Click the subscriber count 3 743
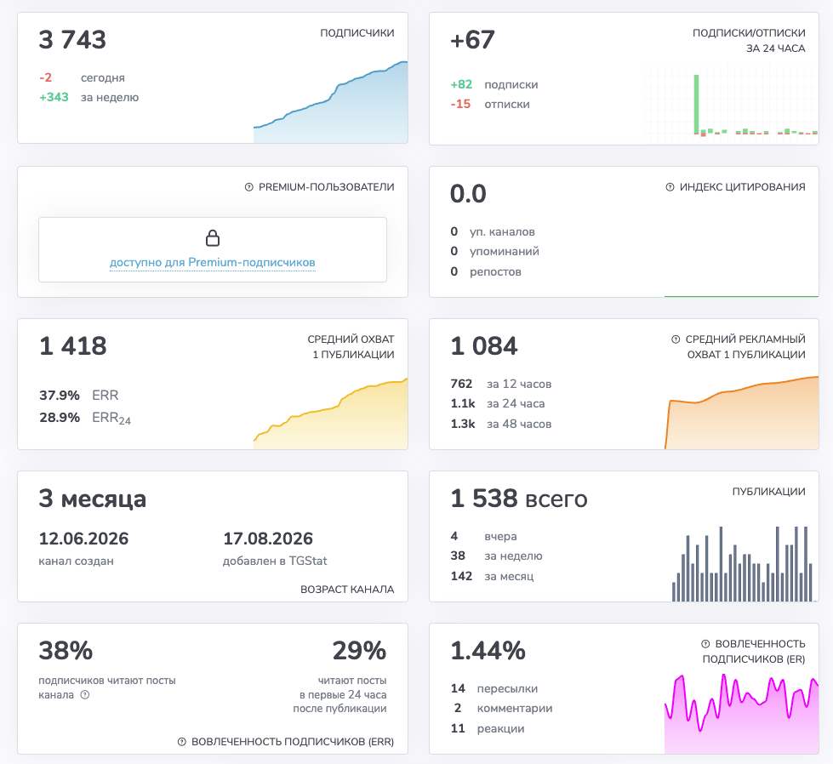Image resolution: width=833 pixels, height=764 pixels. tap(72, 40)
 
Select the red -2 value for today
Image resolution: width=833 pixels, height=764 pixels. tap(46, 77)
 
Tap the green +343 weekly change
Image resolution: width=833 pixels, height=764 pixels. tap(54, 97)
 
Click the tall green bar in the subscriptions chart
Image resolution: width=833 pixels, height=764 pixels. tap(696, 104)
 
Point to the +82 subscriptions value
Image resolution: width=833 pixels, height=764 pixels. tap(461, 84)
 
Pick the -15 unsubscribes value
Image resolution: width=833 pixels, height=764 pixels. tap(460, 104)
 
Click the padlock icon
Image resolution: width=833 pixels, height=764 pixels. tap(213, 238)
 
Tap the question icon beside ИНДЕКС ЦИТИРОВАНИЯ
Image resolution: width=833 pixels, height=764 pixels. tap(670, 187)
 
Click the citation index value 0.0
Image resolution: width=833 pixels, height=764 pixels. tap(468, 194)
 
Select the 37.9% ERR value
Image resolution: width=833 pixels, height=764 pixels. tap(60, 396)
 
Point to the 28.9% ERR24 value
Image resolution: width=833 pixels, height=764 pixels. tap(60, 418)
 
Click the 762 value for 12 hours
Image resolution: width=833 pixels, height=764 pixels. tap(461, 384)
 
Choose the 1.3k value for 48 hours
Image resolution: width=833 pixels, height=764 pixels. tap(463, 424)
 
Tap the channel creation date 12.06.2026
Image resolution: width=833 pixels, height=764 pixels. tap(83, 539)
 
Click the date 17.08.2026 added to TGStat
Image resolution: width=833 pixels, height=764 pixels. tap(268, 539)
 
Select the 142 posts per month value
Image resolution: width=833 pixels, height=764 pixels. tap(461, 576)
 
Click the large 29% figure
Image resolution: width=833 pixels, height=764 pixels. tap(359, 651)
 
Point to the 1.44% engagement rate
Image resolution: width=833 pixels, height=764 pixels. tap(488, 651)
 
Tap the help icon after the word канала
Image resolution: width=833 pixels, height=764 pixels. tap(85, 695)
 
